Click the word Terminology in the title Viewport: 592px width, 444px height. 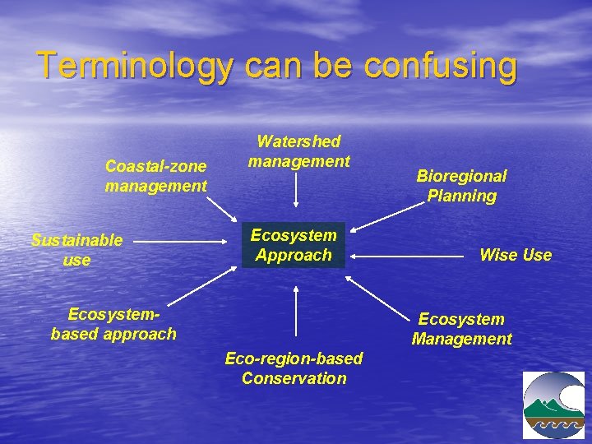click(135, 66)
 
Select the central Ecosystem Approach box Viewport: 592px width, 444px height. click(294, 246)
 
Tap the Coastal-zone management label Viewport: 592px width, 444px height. click(156, 176)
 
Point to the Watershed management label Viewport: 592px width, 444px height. click(299, 151)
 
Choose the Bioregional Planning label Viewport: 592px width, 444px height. click(461, 186)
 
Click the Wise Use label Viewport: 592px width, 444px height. click(516, 255)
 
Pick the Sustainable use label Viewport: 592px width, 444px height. click(76, 250)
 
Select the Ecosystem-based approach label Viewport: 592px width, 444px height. click(113, 324)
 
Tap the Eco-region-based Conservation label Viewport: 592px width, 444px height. click(294, 368)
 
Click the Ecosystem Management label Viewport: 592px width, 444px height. click(461, 329)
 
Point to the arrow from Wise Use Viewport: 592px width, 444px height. click(406, 257)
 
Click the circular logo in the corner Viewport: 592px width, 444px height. click(553, 405)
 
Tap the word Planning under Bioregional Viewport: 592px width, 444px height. click(461, 196)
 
